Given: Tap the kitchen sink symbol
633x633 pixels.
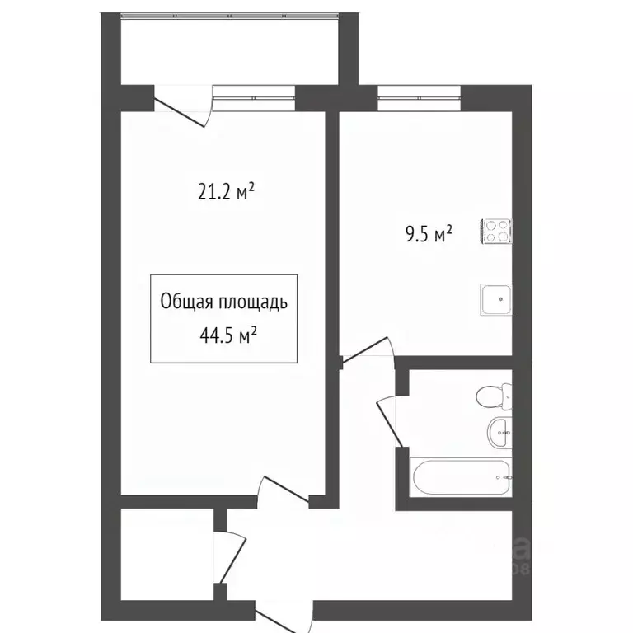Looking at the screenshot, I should [x=497, y=298].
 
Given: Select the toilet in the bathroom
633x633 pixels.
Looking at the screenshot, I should [x=494, y=398].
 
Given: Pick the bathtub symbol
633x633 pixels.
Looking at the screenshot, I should [x=461, y=477].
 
